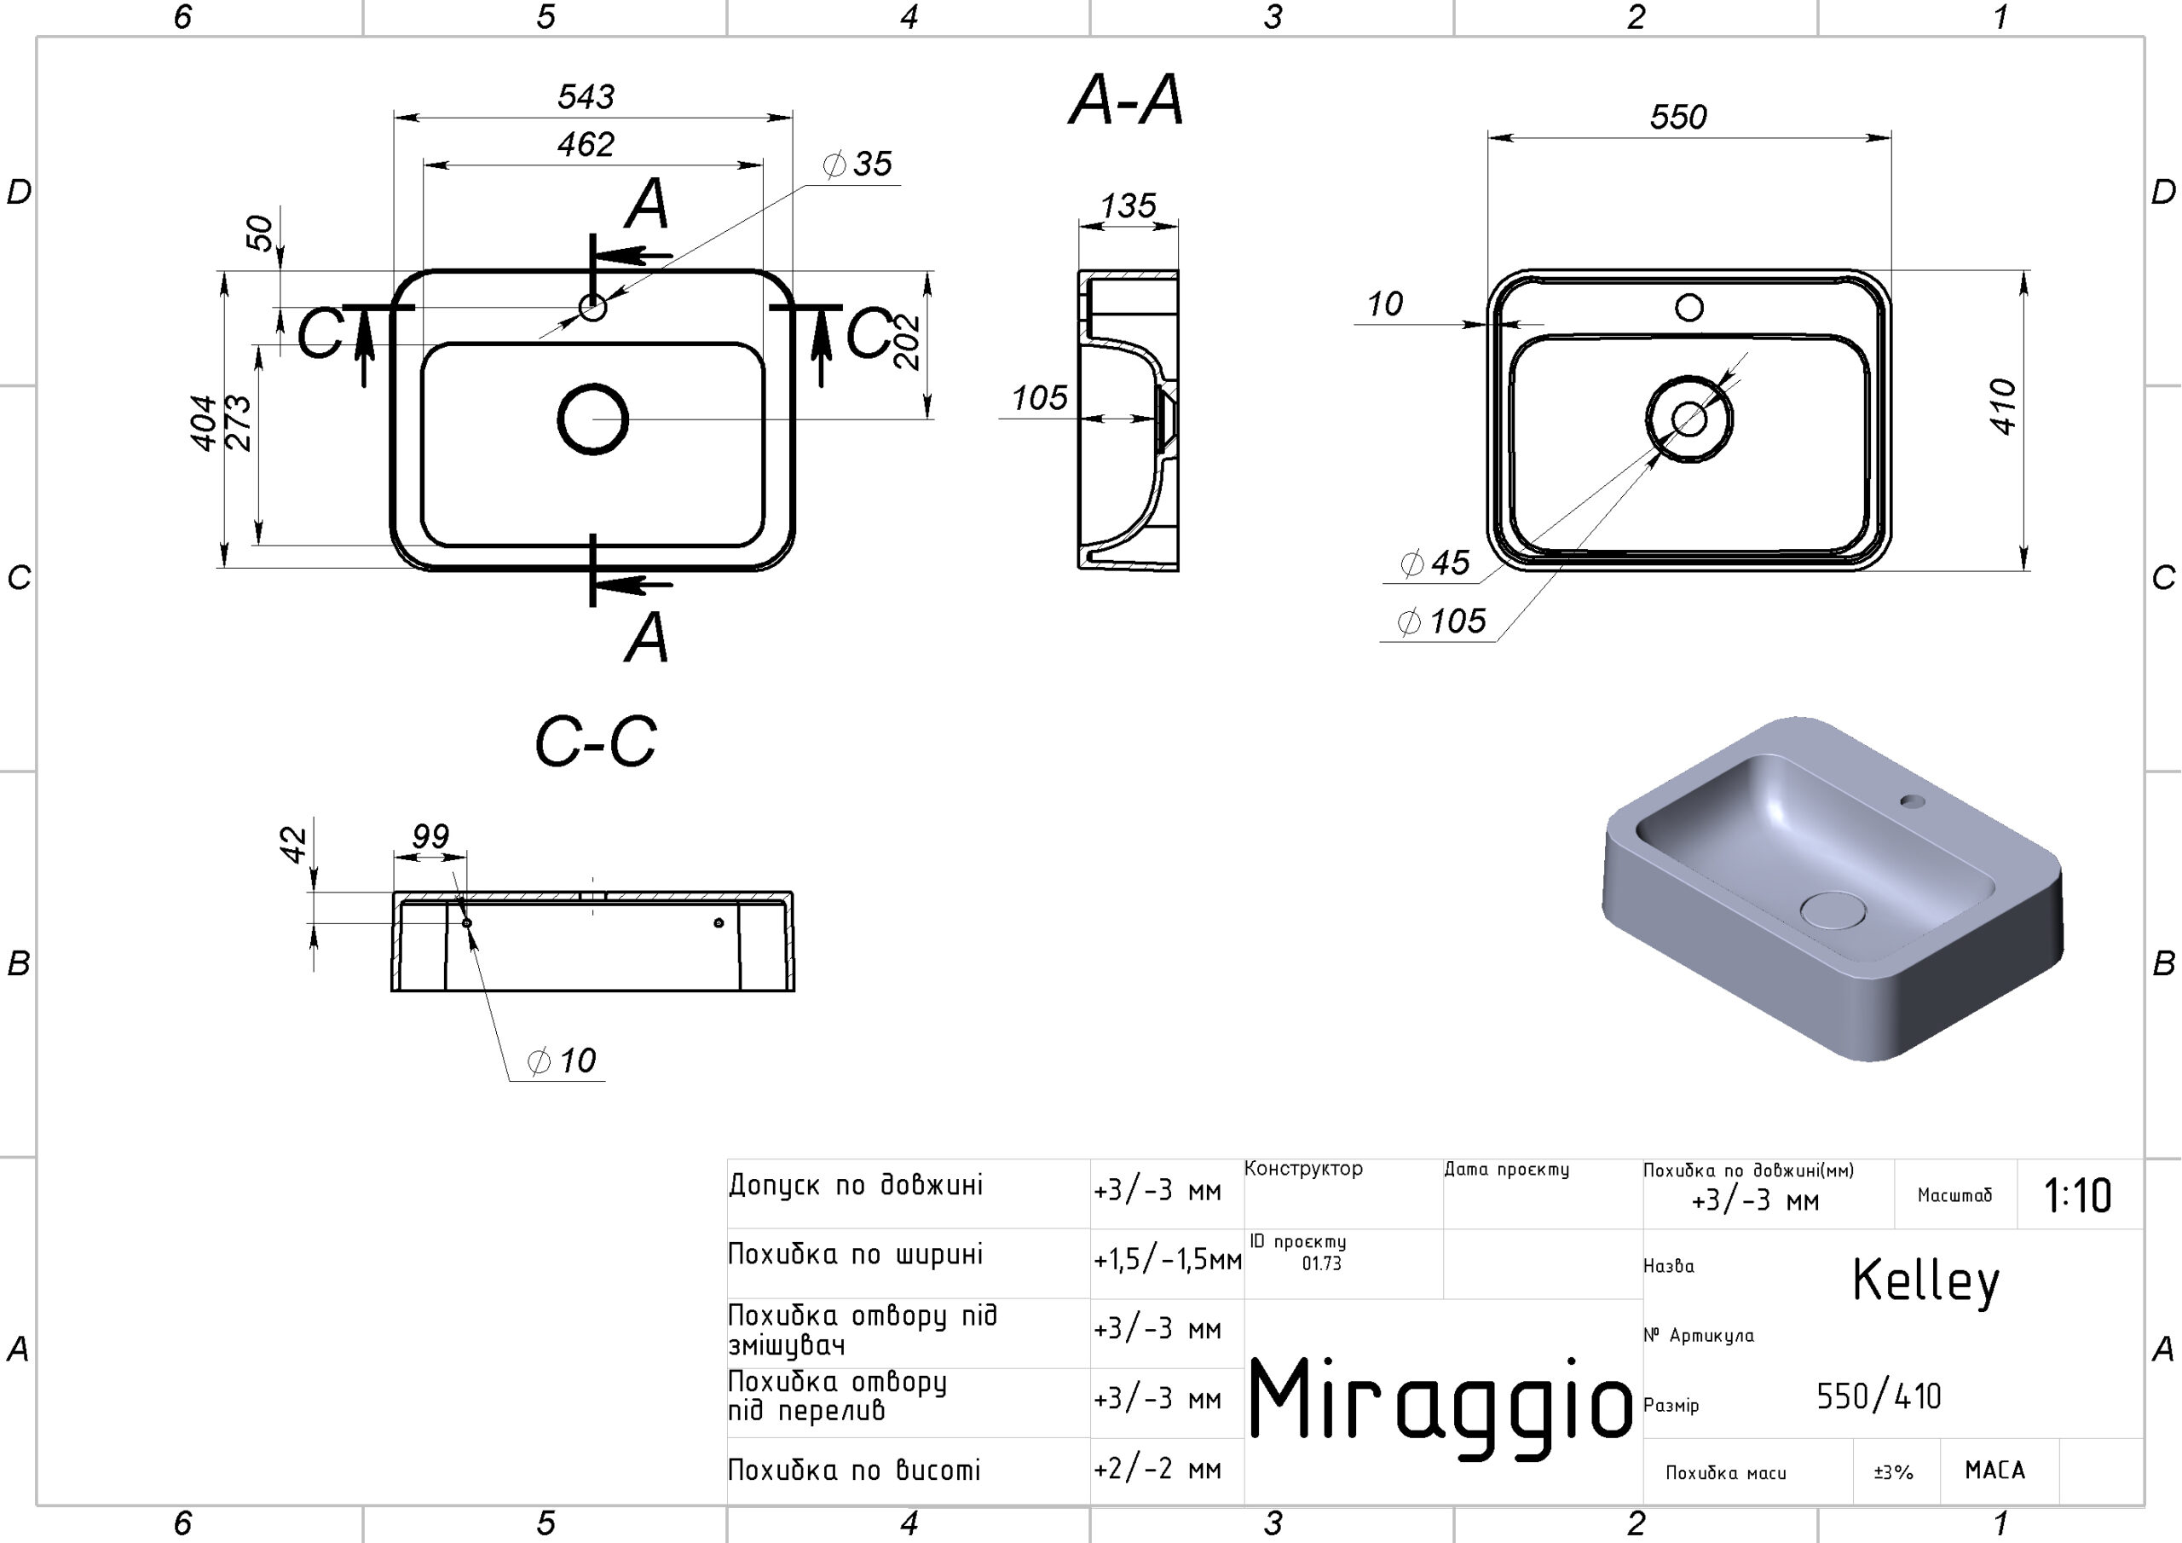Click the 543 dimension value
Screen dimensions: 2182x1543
point(586,96)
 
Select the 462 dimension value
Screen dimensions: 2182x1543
point(586,145)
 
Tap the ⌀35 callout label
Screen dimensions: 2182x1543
point(857,164)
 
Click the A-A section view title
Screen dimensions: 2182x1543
point(1126,100)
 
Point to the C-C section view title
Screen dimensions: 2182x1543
point(596,742)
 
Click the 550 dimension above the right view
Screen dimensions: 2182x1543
point(1678,117)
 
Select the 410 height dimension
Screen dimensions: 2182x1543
point(2002,407)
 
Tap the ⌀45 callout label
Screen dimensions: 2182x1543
point(1435,563)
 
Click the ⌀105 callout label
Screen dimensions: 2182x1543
point(1440,621)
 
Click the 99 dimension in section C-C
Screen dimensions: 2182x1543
point(430,836)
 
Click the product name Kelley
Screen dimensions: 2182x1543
point(1925,1281)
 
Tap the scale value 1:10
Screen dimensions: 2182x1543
point(2077,1195)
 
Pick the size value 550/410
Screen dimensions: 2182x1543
point(1878,1396)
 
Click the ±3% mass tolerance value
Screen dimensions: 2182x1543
point(1893,1472)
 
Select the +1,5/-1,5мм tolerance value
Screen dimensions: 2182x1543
point(1167,1260)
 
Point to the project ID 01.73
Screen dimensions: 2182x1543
point(1321,1263)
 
